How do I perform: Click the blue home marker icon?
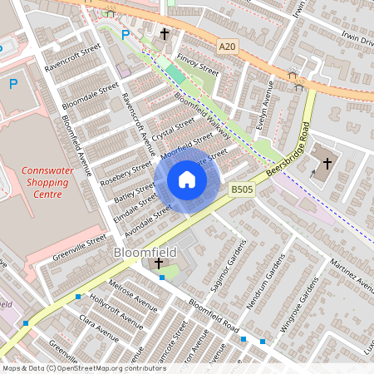187,180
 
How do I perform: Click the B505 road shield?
242,190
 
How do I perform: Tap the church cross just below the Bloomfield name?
159,263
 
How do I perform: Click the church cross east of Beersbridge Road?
327,164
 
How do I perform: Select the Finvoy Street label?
198,66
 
